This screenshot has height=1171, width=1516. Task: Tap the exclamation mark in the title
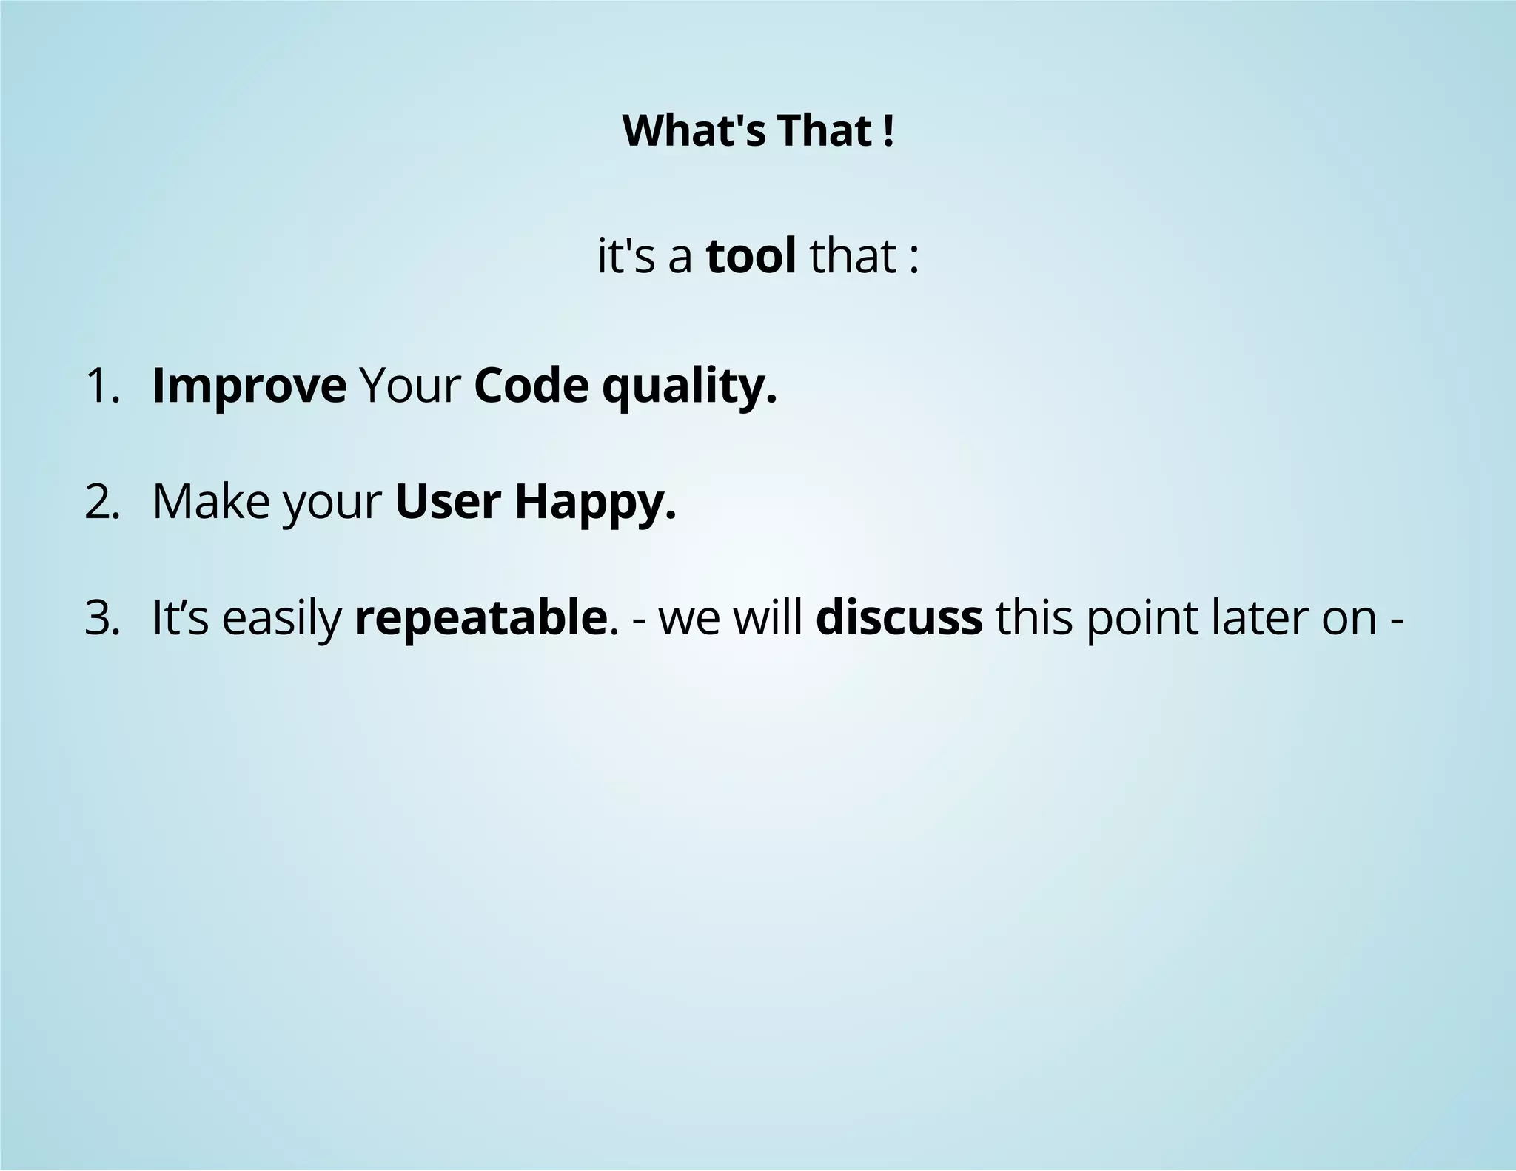click(888, 131)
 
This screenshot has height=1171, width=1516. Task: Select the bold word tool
click(751, 256)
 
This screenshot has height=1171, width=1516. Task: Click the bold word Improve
click(249, 386)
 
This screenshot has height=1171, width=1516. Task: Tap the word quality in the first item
click(688, 386)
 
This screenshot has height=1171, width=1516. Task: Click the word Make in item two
click(211, 503)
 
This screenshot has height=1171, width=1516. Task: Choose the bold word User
click(448, 503)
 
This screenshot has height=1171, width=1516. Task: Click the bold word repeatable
click(480, 618)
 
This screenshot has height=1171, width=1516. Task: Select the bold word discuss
click(899, 618)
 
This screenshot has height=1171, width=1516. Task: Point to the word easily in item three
click(281, 618)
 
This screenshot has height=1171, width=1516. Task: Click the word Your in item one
click(410, 386)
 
